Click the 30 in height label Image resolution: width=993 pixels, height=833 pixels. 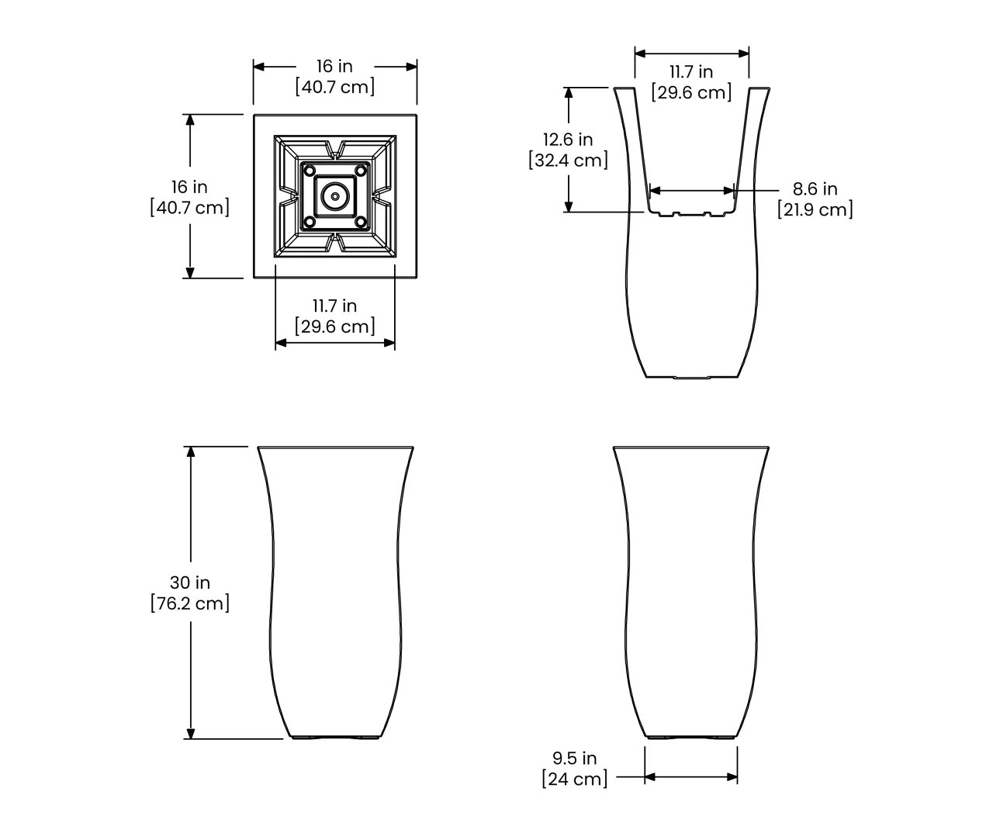(190, 582)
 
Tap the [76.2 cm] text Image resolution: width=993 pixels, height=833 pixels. (190, 603)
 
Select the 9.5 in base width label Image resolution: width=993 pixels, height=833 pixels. (575, 758)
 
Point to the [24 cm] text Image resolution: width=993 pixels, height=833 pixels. (575, 779)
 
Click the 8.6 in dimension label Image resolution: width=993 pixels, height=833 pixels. (815, 188)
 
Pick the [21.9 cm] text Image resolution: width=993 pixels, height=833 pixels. (815, 209)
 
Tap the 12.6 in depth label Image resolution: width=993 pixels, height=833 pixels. (568, 140)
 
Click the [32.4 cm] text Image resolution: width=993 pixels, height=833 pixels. (568, 161)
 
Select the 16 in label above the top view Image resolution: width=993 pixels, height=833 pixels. (335, 66)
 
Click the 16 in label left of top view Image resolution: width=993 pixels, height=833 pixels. (189, 187)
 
